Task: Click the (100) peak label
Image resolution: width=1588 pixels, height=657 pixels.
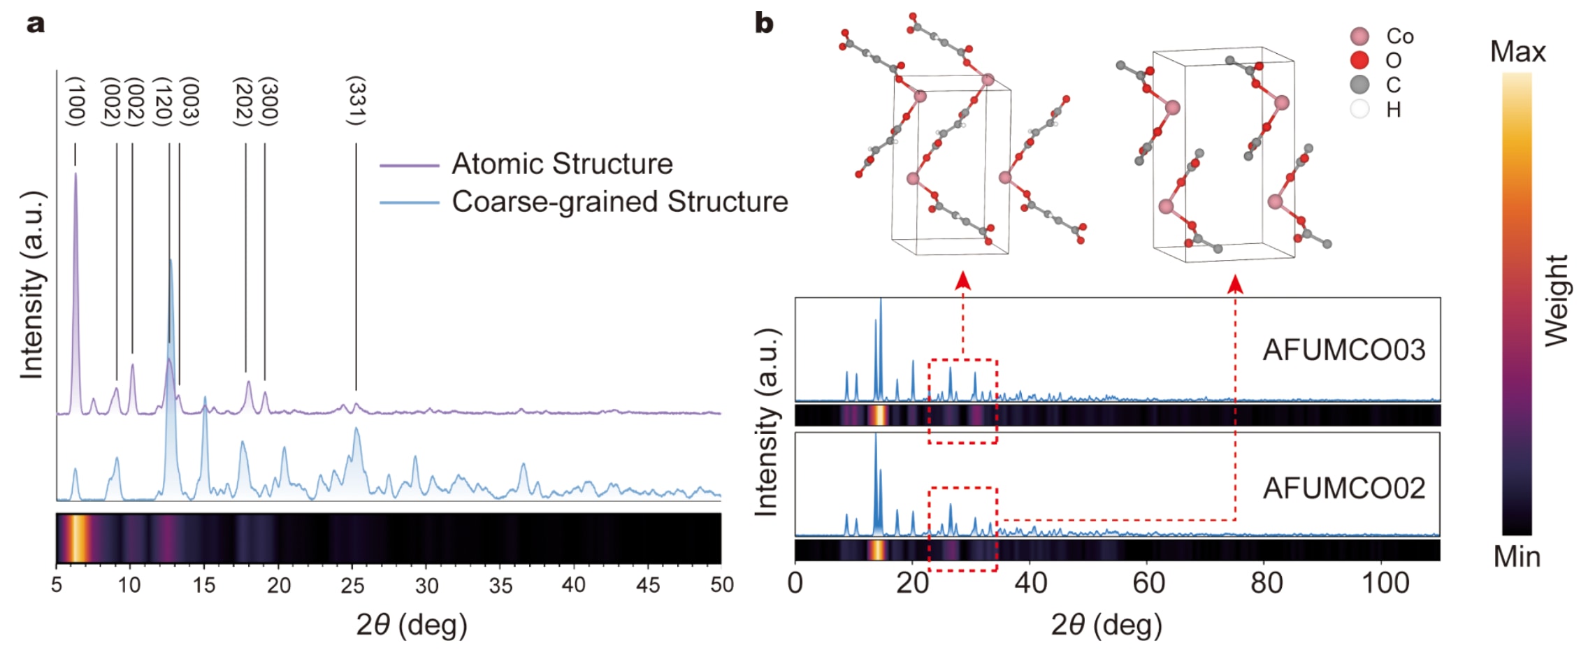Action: [x=75, y=102]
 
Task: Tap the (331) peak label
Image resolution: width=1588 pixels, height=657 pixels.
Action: [x=356, y=102]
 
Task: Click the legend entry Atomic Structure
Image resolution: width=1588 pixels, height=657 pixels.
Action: [x=562, y=164]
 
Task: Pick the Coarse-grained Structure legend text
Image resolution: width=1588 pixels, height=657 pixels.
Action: [x=619, y=202]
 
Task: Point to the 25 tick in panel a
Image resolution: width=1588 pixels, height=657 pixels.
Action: [x=352, y=585]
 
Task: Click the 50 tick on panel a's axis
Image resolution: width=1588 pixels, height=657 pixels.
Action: [x=721, y=585]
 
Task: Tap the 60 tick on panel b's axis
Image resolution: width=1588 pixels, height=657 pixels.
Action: [x=1148, y=583]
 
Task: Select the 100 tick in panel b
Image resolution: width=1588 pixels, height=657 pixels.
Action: [x=1385, y=583]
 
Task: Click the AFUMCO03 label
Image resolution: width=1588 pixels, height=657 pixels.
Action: [x=1343, y=349]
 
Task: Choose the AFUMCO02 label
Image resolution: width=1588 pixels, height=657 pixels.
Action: [x=1343, y=488]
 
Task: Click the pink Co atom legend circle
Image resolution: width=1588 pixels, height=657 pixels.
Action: [x=1359, y=36]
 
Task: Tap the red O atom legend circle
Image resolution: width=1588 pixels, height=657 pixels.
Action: [x=1359, y=60]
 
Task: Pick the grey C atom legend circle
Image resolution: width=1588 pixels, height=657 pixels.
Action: [x=1359, y=85]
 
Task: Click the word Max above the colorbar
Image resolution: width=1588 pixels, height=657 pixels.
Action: [x=1517, y=52]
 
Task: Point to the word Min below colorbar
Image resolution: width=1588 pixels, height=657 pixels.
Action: [x=1517, y=557]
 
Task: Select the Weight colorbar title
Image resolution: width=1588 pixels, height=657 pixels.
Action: [x=1557, y=301]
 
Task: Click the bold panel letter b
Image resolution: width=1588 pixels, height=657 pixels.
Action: [x=764, y=24]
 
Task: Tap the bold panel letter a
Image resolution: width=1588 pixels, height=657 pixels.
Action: [x=36, y=24]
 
